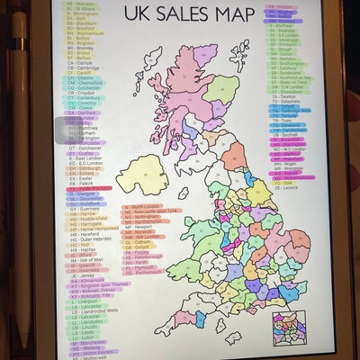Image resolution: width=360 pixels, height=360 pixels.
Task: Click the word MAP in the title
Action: pos(225,15)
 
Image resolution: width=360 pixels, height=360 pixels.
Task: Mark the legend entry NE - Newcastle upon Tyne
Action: pos(150,210)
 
